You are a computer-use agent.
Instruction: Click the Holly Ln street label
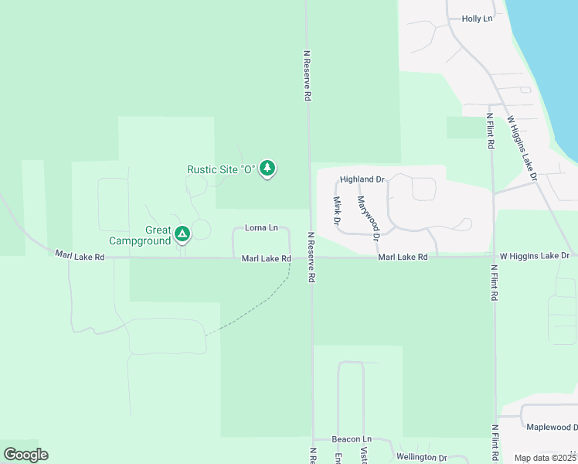(477, 19)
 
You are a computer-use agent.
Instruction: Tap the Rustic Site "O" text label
(221, 169)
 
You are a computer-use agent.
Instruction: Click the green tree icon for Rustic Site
(267, 167)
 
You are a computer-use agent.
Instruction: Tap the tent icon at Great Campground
(182, 233)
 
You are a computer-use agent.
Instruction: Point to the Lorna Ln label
(261, 227)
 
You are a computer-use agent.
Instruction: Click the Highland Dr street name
(362, 179)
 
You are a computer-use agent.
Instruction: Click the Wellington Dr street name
(422, 458)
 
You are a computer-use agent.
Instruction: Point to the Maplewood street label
(552, 427)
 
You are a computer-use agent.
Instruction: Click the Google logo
(25, 455)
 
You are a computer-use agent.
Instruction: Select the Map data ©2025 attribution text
(544, 458)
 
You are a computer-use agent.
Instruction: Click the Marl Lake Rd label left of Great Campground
(80, 254)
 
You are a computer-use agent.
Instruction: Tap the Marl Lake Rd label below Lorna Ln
(266, 258)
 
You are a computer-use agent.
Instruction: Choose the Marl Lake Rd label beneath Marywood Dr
(403, 256)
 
